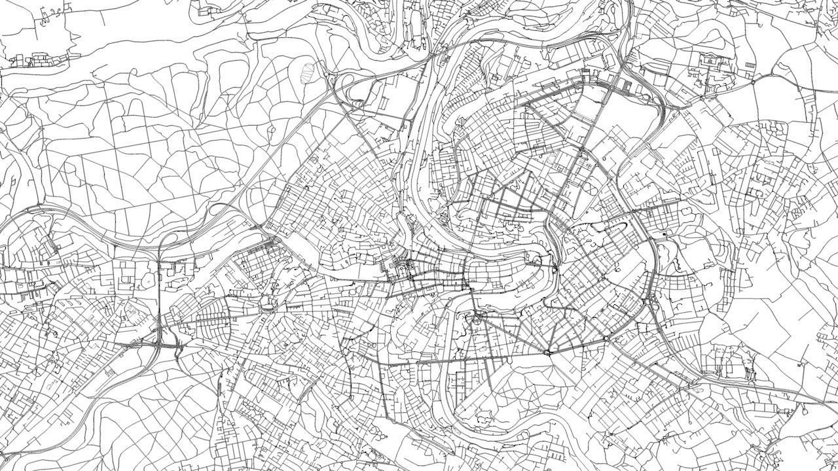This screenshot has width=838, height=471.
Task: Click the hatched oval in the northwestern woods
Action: [306, 69]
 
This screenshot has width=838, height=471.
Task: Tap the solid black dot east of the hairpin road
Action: [664, 234]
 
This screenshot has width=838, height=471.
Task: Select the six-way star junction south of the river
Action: [547, 352]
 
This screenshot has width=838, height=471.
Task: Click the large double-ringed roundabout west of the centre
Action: [267, 303]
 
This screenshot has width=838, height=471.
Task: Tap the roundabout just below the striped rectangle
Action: [753, 82]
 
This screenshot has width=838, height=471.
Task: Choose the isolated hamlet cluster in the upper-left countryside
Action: [39, 61]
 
